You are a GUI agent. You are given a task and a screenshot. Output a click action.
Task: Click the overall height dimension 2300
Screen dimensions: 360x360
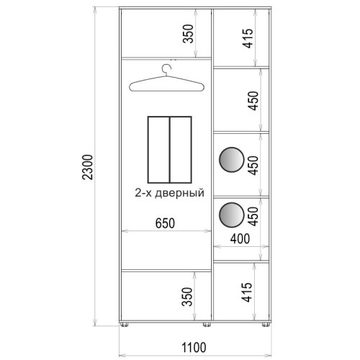[87, 167]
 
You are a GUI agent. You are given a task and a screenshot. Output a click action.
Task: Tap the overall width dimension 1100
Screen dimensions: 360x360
[194, 348]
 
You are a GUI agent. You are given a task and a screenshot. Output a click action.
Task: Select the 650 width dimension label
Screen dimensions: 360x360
[165, 223]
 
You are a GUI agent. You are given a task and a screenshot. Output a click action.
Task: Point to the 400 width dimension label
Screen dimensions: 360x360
[240, 239]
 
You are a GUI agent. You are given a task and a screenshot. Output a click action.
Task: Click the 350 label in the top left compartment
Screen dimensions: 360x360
[188, 34]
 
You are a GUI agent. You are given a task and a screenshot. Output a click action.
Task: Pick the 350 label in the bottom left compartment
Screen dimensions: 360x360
[188, 297]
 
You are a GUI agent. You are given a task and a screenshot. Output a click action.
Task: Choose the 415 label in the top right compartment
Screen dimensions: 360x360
[248, 38]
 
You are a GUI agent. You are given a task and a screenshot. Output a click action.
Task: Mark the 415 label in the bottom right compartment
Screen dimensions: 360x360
[247, 292]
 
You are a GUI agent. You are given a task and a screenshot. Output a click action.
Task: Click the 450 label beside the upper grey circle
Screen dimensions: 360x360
[253, 166]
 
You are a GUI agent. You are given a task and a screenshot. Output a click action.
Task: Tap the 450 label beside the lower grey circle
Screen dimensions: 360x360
[253, 217]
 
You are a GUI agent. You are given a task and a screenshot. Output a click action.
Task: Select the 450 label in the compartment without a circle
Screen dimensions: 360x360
[253, 101]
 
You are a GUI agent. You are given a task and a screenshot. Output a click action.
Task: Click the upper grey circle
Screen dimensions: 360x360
[232, 160]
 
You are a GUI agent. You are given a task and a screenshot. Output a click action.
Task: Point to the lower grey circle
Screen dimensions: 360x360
[232, 215]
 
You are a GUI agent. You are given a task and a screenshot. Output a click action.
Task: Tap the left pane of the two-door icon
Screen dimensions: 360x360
[158, 150]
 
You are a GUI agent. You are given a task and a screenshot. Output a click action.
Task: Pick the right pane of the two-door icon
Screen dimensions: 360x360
[181, 150]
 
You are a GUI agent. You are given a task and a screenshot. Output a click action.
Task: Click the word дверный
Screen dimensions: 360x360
[179, 193]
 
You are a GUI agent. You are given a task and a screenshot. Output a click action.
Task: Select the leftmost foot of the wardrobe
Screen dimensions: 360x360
[124, 325]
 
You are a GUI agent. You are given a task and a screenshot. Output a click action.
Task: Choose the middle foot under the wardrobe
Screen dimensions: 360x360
[207, 325]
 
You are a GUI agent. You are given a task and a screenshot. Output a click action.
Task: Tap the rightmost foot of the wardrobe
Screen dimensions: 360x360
[266, 325]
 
